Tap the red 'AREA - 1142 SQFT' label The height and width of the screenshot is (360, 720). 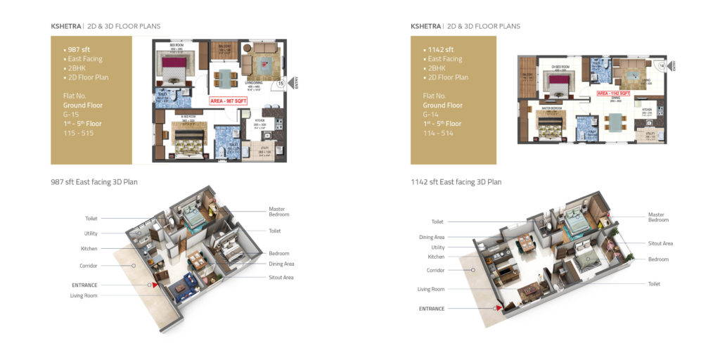(x=612, y=93)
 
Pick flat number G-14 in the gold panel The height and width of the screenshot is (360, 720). (x=430, y=114)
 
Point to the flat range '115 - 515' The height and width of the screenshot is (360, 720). (x=77, y=133)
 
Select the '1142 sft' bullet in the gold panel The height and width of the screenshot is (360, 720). (x=441, y=50)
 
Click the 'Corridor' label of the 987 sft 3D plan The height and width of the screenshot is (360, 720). (x=89, y=266)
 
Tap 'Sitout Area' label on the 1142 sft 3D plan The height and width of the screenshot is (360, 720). (x=660, y=243)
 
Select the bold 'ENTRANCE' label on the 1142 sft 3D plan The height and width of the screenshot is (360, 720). (x=432, y=309)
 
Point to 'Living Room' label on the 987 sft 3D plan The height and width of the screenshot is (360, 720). (x=84, y=295)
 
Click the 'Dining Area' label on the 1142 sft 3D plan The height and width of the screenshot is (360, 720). (x=432, y=238)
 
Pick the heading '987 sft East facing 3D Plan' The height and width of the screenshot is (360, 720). (x=94, y=182)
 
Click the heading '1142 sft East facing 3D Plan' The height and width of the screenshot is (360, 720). (x=456, y=182)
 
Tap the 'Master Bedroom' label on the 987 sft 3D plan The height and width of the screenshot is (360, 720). (x=278, y=212)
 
